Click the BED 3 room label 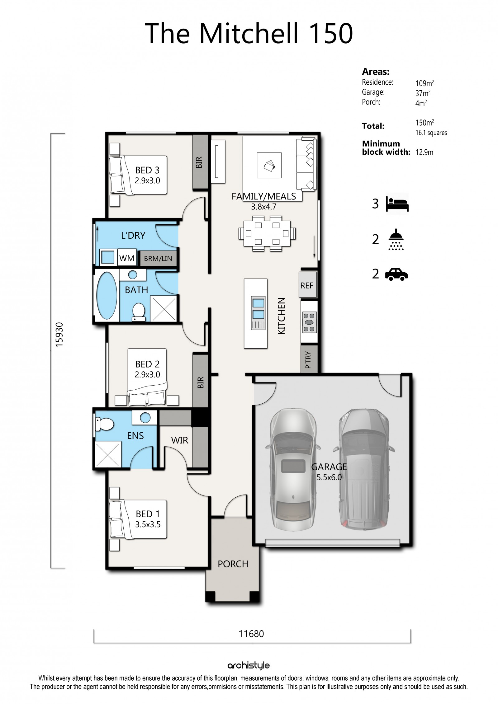pos(147,170)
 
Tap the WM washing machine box pos(127,258)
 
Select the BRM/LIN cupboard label pos(158,259)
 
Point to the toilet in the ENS pos(104,424)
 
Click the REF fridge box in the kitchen pos(307,285)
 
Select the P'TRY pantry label pos(308,360)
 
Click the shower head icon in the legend pos(396,240)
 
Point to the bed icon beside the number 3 pos(397,204)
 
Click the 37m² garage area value pos(423,93)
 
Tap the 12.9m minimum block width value pos(424,152)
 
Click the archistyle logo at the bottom pos(248,666)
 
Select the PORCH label pos(233,564)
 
